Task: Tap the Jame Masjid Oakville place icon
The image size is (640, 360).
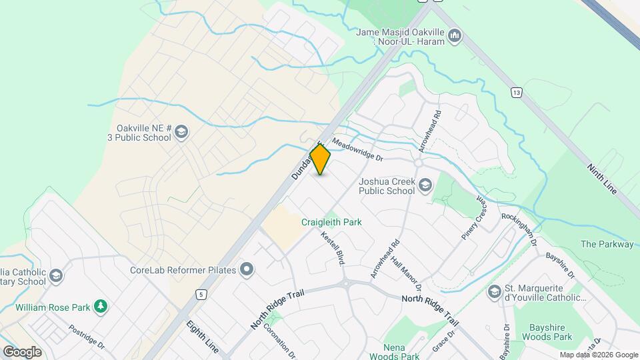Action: pos(455,35)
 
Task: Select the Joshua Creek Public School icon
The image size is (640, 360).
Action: pos(425,184)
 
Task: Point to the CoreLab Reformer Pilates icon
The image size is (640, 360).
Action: pos(247,270)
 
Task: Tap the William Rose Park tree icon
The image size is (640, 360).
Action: pos(101,307)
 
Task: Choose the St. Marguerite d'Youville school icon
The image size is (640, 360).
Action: pos(494,291)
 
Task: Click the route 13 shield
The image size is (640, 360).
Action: pos(516,91)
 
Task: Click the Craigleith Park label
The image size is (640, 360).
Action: pos(331,222)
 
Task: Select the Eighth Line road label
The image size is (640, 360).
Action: pos(202,337)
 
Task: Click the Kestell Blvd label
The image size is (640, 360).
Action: pos(332,248)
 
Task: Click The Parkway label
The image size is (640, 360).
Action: pos(607,244)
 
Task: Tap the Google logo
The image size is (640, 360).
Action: pos(22,351)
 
